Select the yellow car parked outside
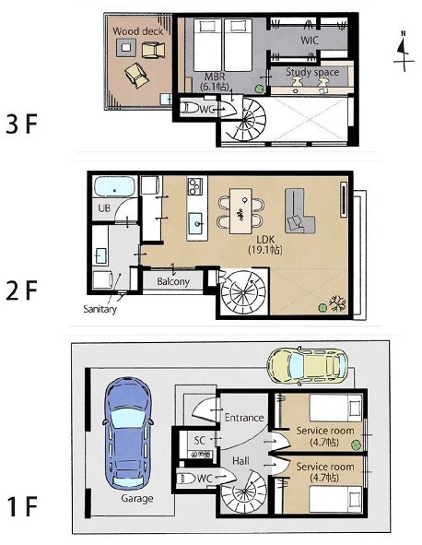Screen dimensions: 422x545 click(x=307, y=366)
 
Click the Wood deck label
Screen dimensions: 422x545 click(x=138, y=31)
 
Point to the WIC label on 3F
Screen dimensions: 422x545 click(x=309, y=41)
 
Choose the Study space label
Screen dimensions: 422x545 click(x=312, y=72)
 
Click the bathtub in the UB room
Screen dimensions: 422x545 click(x=115, y=187)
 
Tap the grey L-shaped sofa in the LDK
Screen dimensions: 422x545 click(x=299, y=210)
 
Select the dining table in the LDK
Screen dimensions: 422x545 click(x=240, y=210)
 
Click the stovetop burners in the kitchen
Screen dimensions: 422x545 click(x=194, y=186)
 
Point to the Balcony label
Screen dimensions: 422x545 click(x=173, y=281)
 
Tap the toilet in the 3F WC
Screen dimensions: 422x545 click(x=189, y=109)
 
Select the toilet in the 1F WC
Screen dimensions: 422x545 click(x=186, y=479)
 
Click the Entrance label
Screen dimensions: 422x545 click(x=244, y=417)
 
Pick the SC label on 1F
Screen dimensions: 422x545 click(x=200, y=441)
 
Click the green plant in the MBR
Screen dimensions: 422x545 click(x=258, y=89)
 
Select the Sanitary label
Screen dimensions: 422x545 click(x=100, y=309)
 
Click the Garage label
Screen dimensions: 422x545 click(x=137, y=498)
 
